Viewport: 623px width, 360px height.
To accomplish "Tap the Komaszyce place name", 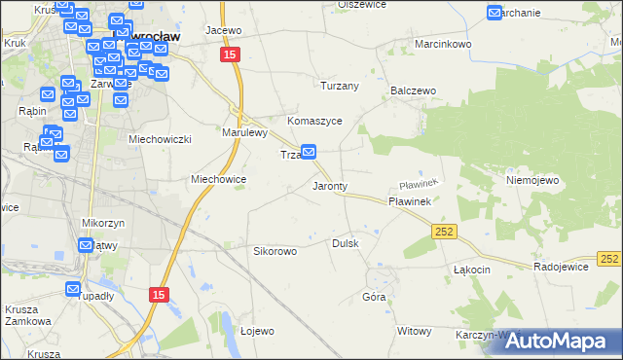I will click(x=313, y=121).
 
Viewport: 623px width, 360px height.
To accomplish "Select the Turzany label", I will click(x=341, y=86).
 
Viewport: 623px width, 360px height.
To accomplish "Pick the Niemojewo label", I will click(x=530, y=180).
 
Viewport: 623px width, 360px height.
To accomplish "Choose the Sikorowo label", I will click(x=275, y=251).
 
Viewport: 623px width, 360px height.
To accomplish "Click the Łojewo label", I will click(x=257, y=331).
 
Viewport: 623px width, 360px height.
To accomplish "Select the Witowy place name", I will click(x=414, y=331).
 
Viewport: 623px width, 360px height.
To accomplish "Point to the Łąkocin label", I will click(x=471, y=269).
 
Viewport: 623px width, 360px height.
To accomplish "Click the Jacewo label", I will click(x=223, y=30).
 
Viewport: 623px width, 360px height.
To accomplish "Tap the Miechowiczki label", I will click(x=161, y=139).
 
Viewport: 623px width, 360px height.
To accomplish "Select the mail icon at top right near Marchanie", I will click(x=495, y=13).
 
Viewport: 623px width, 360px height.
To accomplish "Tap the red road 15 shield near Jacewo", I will click(x=229, y=56).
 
